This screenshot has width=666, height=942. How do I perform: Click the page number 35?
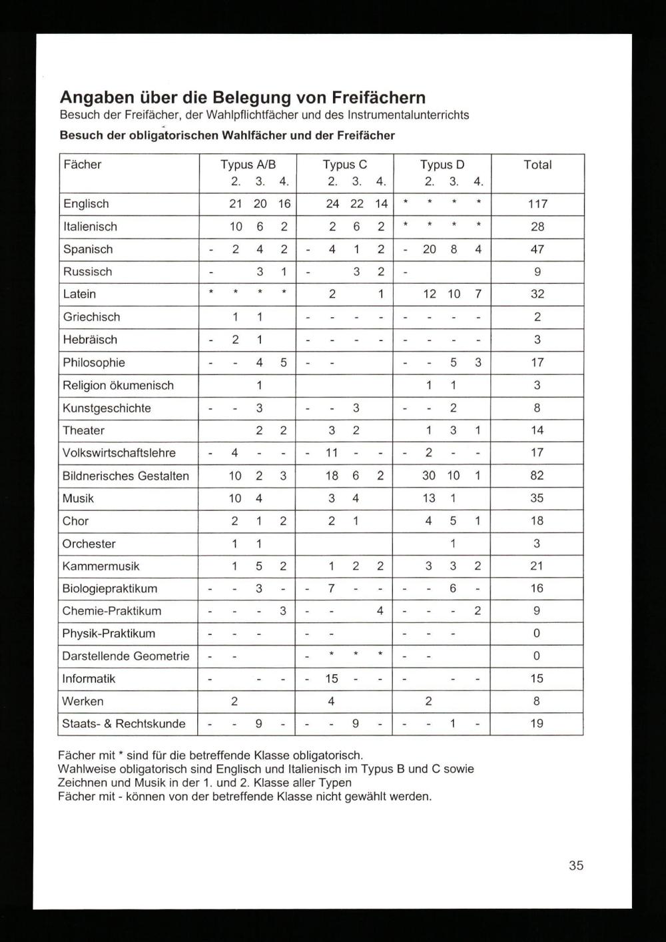(x=576, y=865)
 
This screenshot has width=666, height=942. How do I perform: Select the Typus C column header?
(x=345, y=165)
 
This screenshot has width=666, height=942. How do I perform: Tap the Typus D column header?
(x=442, y=165)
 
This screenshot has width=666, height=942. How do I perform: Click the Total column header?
(x=537, y=165)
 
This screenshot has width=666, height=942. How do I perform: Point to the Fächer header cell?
(x=83, y=165)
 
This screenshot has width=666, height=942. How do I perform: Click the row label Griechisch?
(x=92, y=317)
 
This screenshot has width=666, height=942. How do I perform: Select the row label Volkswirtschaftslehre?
(x=119, y=453)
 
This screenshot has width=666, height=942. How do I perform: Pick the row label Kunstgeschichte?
(x=107, y=408)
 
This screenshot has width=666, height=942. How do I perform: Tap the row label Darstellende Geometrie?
(x=126, y=656)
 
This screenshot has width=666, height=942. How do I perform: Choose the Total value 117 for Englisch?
(x=537, y=204)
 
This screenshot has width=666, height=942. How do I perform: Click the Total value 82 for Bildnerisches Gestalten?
(x=537, y=476)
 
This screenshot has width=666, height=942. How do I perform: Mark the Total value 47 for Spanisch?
(x=537, y=249)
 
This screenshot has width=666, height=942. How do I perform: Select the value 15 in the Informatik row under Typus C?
(x=332, y=679)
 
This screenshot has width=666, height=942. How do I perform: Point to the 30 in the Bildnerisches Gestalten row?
(x=429, y=476)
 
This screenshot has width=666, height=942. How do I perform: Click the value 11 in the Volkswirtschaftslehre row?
(x=332, y=453)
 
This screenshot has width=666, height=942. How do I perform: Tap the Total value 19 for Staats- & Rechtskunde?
(x=537, y=723)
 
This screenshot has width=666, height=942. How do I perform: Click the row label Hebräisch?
(x=90, y=340)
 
